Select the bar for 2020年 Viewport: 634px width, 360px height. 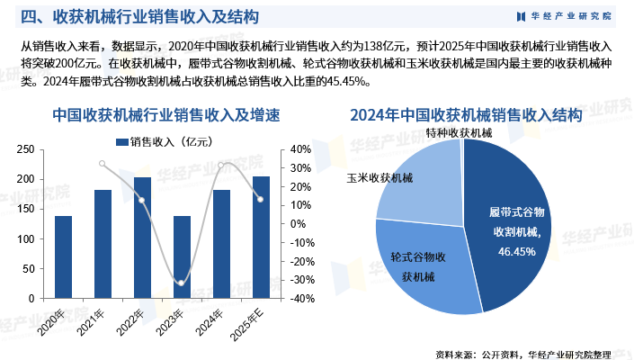[x=63, y=256]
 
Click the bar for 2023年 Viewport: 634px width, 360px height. [x=182, y=256]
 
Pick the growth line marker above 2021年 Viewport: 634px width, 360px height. [x=103, y=164]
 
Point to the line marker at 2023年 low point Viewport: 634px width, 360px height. [x=182, y=283]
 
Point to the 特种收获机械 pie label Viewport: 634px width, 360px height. [x=460, y=132]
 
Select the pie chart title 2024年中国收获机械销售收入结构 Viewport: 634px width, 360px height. [x=466, y=115]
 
